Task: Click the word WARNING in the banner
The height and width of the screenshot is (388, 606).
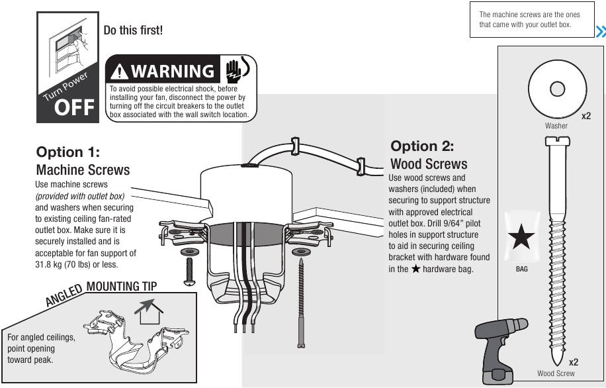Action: pyautogui.click(x=173, y=72)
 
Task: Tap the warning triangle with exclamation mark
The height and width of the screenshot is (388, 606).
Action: pyautogui.click(x=120, y=72)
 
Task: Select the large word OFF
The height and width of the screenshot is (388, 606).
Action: pyautogui.click(x=75, y=107)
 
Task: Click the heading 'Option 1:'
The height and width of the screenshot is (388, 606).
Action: pyautogui.click(x=68, y=152)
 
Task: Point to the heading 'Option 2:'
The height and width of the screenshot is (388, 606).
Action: pyautogui.click(x=422, y=146)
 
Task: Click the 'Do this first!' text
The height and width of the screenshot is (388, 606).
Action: pyautogui.click(x=133, y=30)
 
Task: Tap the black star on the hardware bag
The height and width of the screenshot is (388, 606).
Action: pyautogui.click(x=521, y=236)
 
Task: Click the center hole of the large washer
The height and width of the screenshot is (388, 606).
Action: pyautogui.click(x=557, y=89)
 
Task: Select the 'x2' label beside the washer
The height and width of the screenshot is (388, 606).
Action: pyautogui.click(x=586, y=116)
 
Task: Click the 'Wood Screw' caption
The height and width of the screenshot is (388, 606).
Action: pyautogui.click(x=556, y=373)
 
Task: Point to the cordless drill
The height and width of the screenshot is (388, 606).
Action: pyautogui.click(x=500, y=351)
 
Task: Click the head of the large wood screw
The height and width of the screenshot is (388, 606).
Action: pyautogui.click(x=557, y=142)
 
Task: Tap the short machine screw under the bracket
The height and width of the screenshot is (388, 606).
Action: pyautogui.click(x=189, y=272)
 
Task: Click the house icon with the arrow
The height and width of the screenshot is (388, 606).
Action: pyautogui.click(x=149, y=311)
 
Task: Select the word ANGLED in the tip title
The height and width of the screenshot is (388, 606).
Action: pyautogui.click(x=64, y=295)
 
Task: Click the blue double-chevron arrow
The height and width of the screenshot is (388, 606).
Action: pyautogui.click(x=600, y=32)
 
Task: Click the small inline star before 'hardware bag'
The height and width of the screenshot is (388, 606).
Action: pyautogui.click(x=415, y=268)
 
